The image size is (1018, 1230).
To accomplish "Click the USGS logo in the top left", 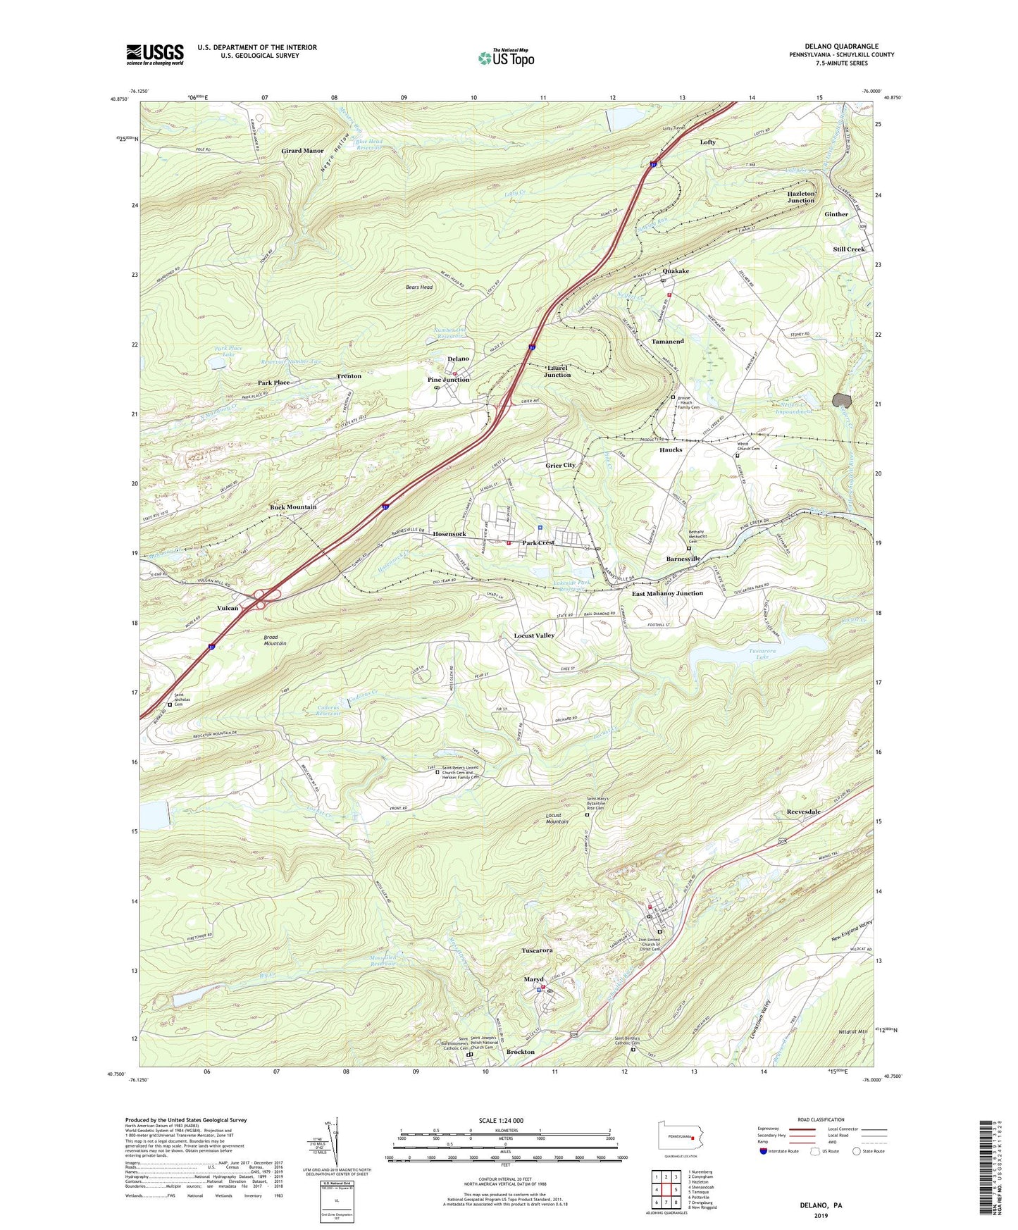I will click(155, 54).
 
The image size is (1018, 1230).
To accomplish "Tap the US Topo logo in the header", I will click(507, 58).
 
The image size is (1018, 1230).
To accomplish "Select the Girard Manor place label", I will click(302, 151).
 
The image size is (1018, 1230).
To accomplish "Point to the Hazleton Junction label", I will click(801, 197).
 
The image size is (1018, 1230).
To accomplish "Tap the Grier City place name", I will click(560, 465).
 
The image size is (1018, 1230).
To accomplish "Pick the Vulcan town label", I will click(227, 608).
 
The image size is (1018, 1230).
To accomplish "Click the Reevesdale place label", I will click(803, 812).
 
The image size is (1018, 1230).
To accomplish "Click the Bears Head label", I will click(419, 287).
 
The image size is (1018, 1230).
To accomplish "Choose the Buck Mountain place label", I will click(293, 507).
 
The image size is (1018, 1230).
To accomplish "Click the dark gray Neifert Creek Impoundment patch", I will click(842, 400).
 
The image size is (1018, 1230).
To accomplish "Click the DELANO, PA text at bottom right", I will click(821, 1205).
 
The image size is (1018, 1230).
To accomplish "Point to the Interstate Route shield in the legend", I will click(764, 1151).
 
